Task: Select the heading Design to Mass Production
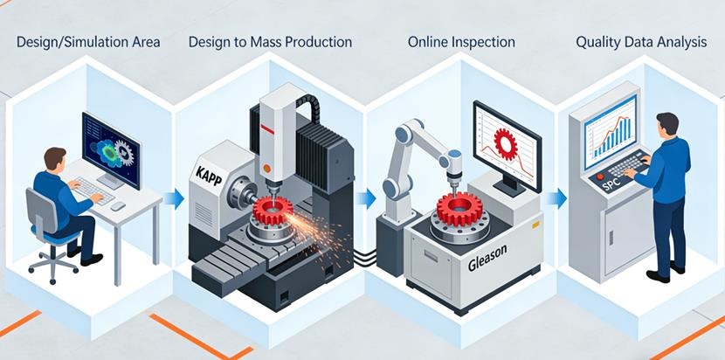coord(271,41)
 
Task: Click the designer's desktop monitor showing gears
coord(111,149)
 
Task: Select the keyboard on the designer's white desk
coord(88,186)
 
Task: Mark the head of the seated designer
coord(53,160)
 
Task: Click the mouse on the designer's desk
coord(117,206)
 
